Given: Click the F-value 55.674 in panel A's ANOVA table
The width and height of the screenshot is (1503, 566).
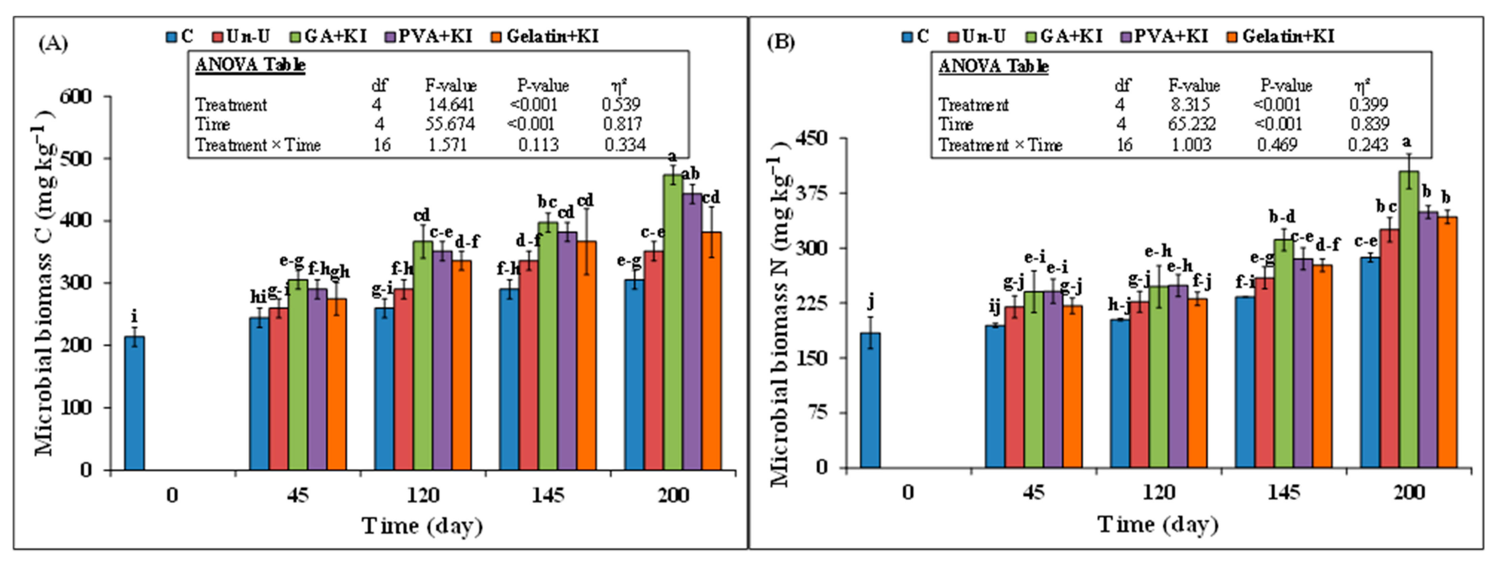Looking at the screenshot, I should tap(450, 124).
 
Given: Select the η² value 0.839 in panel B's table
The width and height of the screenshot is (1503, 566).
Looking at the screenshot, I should tap(1369, 124).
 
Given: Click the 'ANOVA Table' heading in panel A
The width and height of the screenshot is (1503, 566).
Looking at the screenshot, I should tap(250, 65).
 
